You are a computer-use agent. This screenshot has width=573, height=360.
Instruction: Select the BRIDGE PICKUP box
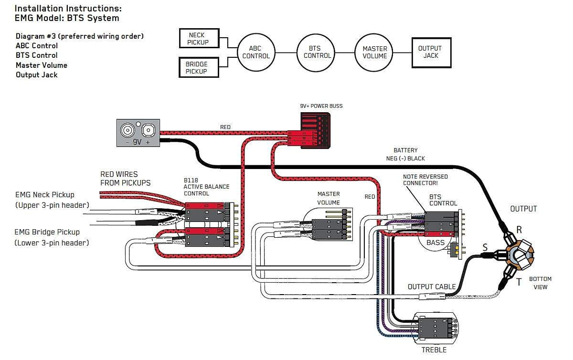(x=196, y=68)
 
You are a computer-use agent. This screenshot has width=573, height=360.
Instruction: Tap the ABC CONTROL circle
(x=256, y=52)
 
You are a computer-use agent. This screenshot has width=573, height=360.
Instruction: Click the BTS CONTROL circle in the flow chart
(x=317, y=52)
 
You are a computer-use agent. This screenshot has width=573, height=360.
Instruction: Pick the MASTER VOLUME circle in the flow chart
(x=375, y=52)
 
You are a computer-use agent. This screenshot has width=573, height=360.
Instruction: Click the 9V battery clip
(x=138, y=132)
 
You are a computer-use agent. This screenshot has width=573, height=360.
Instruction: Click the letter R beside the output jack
(x=519, y=230)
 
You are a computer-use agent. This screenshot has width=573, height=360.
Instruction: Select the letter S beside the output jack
(x=485, y=247)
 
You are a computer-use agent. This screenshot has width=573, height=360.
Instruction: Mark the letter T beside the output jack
(x=519, y=282)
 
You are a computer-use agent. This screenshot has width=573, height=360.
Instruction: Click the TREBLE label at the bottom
(x=434, y=350)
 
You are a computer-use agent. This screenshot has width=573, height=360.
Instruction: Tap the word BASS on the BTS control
(x=435, y=243)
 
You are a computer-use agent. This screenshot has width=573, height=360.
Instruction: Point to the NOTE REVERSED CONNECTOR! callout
(x=425, y=180)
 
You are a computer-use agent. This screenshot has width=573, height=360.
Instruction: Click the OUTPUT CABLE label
(x=432, y=287)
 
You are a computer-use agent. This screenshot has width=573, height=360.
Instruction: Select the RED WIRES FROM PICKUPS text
(x=125, y=178)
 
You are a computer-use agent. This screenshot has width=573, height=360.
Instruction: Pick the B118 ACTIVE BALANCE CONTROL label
(x=206, y=187)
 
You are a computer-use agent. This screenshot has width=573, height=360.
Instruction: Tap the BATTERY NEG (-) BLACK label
(x=405, y=154)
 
